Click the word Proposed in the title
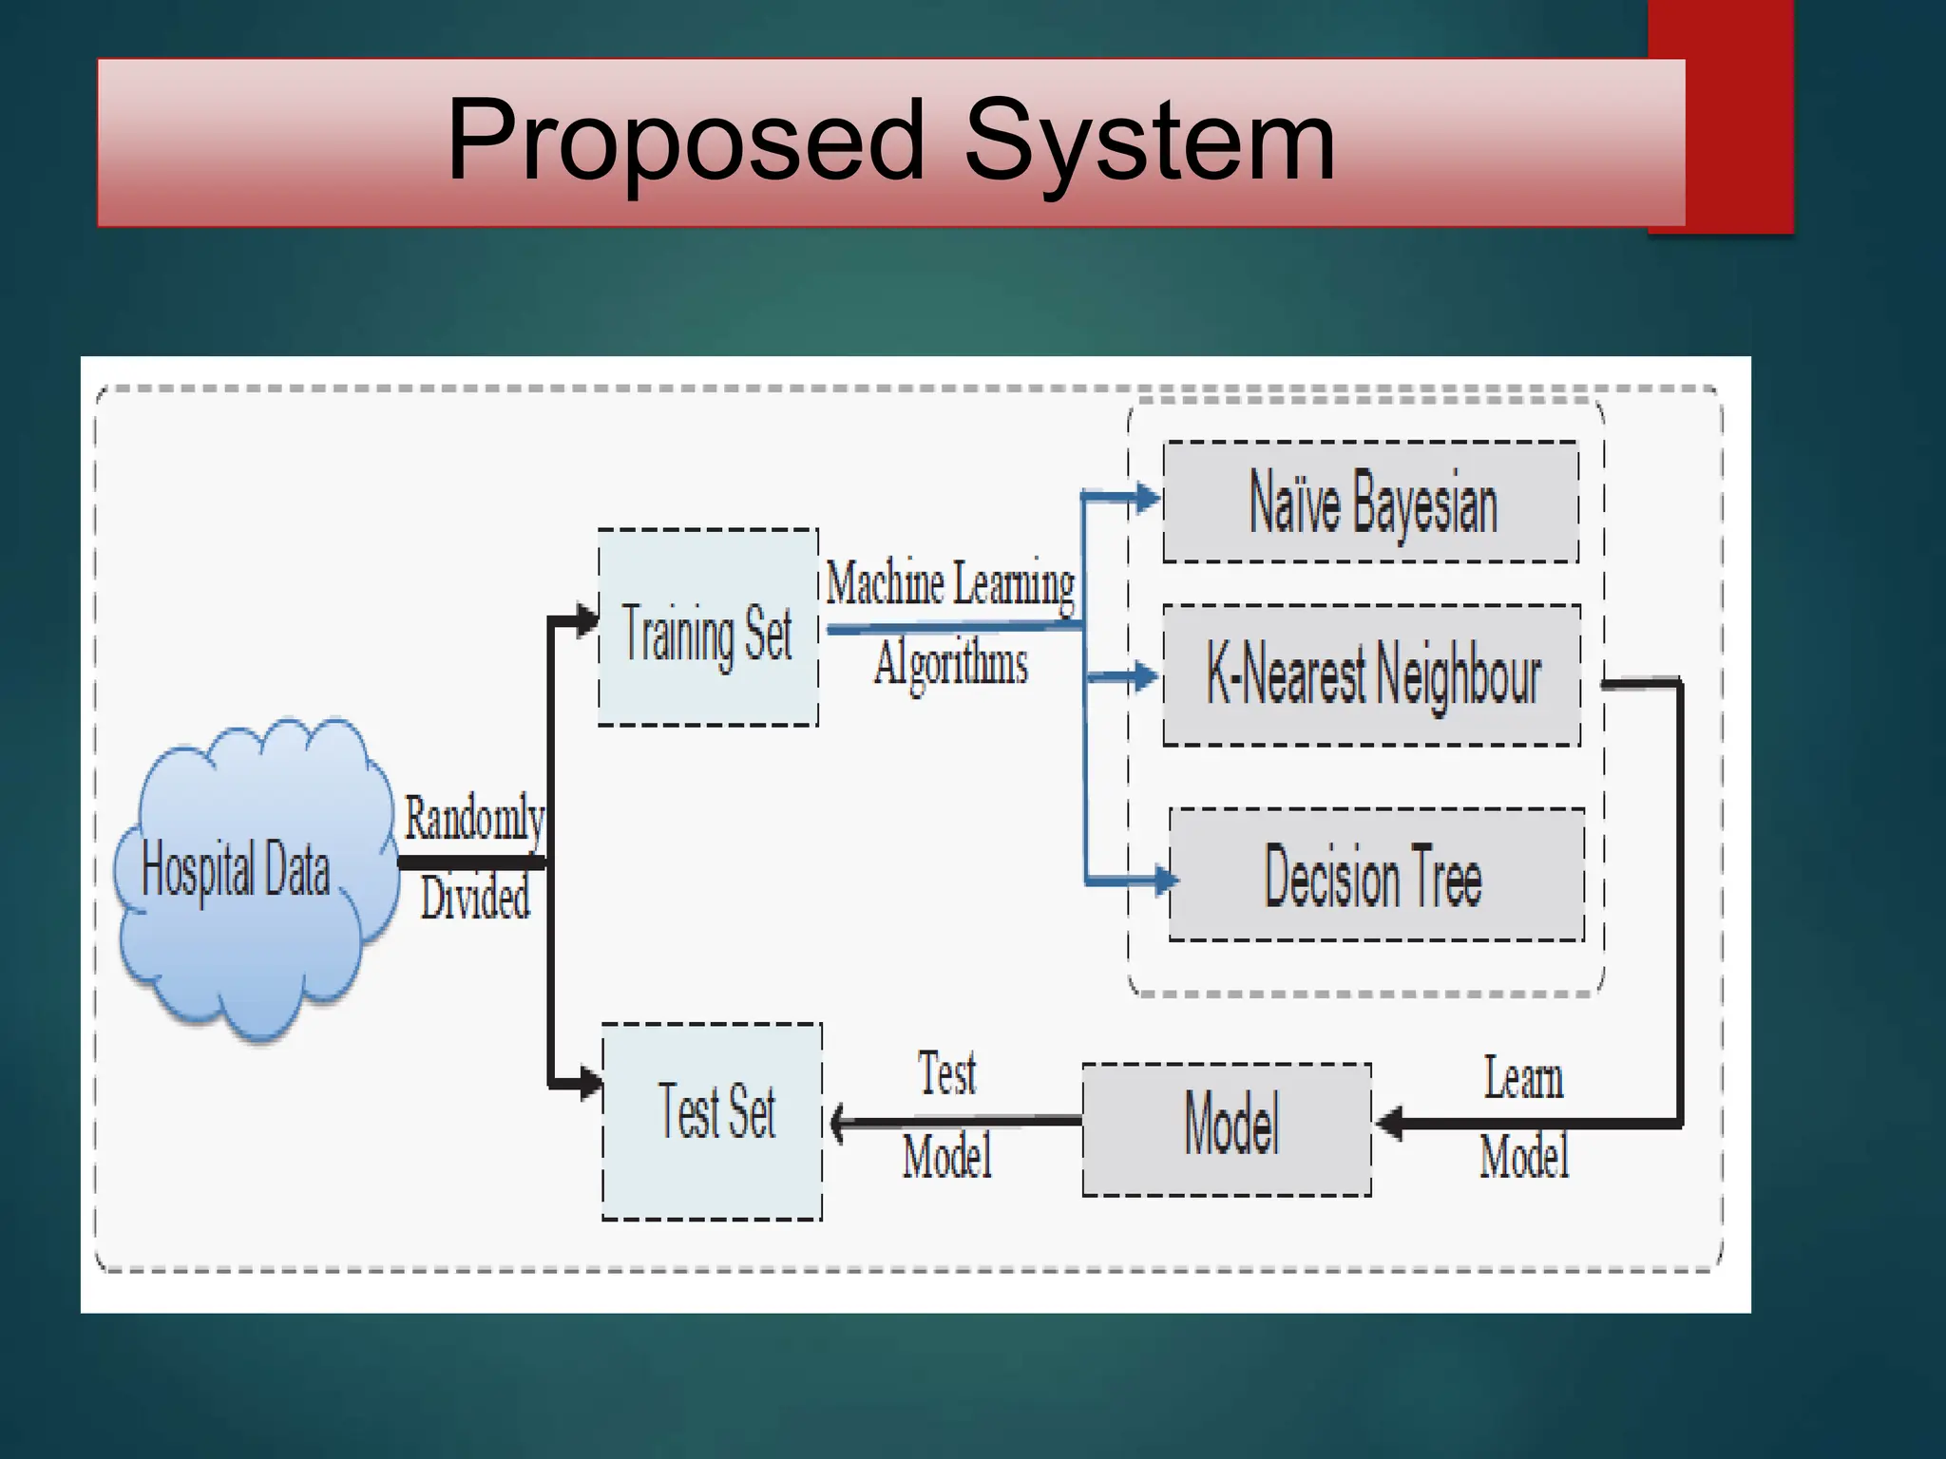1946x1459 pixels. [686, 140]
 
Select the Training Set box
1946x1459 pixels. [708, 628]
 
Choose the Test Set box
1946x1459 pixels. [713, 1121]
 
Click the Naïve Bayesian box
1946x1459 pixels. [1371, 502]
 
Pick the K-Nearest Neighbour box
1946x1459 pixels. [1372, 674]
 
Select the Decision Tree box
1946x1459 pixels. [1376, 875]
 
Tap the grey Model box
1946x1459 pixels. [1228, 1128]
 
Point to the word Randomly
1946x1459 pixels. [474, 819]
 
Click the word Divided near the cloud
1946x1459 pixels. [475, 898]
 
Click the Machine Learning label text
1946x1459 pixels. [950, 583]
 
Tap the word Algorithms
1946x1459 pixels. [951, 663]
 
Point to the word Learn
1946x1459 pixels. [1523, 1079]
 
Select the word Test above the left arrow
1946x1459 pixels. [946, 1074]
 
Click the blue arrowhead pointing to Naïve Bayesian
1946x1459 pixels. [1148, 497]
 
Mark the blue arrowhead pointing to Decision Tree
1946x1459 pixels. [1165, 880]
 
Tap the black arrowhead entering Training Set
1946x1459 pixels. [587, 622]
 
